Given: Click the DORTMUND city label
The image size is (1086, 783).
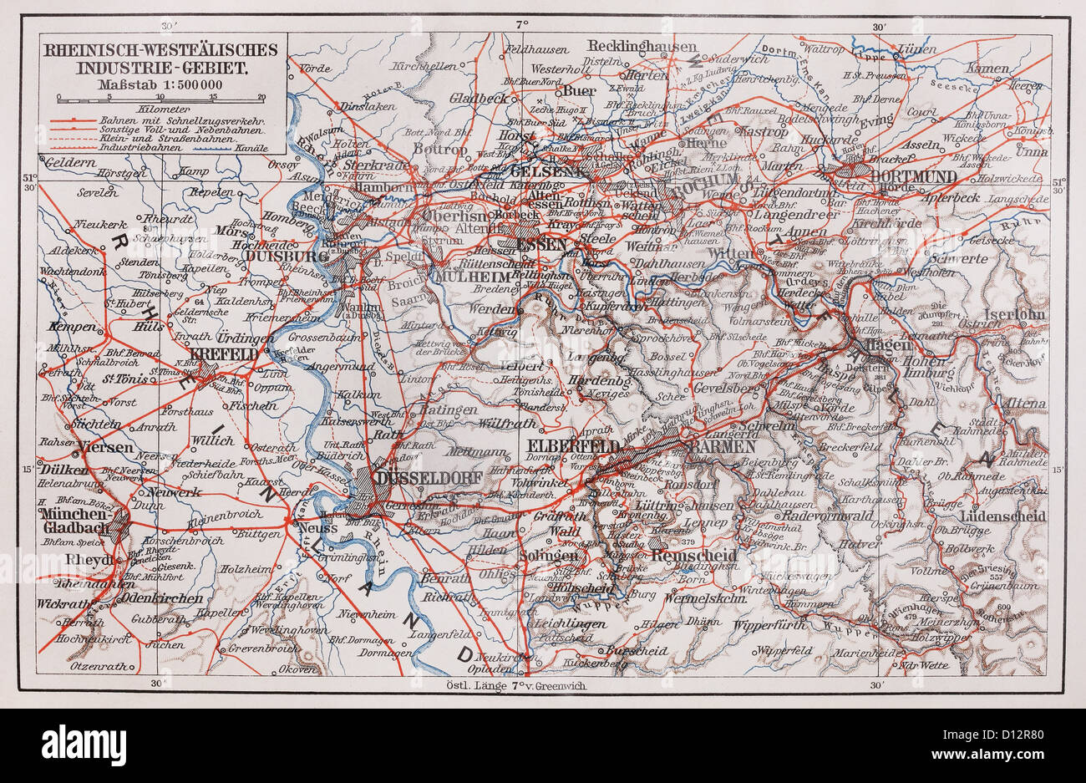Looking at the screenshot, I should pos(914,176).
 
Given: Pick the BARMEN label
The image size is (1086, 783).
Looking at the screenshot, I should pos(712,447).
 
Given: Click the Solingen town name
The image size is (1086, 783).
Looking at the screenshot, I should pos(547,556).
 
